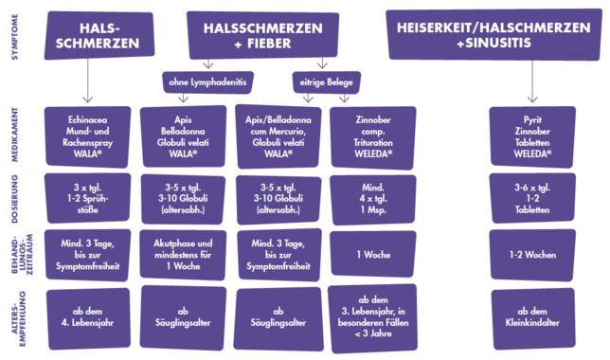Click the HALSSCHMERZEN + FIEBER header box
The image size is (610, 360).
click(x=263, y=35)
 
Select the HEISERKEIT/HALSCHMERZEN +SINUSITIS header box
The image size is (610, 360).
click(x=493, y=35)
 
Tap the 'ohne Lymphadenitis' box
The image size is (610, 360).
click(x=207, y=82)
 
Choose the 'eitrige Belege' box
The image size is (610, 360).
click(x=327, y=82)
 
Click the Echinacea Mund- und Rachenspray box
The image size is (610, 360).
click(x=87, y=136)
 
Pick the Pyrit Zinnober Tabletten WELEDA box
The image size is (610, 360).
click(x=532, y=136)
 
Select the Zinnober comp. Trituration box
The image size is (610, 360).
click(x=373, y=137)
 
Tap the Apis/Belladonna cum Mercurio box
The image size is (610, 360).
click(x=278, y=136)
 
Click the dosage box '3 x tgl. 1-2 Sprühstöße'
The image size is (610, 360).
click(x=87, y=199)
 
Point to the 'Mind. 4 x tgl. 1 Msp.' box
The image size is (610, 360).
click(x=373, y=199)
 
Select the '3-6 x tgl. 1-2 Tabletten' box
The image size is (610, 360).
click(x=532, y=199)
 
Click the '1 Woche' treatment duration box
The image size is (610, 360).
click(x=373, y=254)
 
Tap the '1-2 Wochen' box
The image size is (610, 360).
click(x=532, y=255)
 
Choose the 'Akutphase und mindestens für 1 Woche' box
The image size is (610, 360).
click(x=183, y=255)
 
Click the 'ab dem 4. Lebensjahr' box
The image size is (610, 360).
click(x=88, y=318)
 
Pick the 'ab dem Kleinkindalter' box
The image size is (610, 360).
click(x=533, y=318)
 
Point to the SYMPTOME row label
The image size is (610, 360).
click(x=15, y=37)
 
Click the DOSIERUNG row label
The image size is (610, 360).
click(x=15, y=199)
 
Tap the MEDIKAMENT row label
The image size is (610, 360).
click(x=15, y=135)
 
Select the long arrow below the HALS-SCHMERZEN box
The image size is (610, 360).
click(x=87, y=81)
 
